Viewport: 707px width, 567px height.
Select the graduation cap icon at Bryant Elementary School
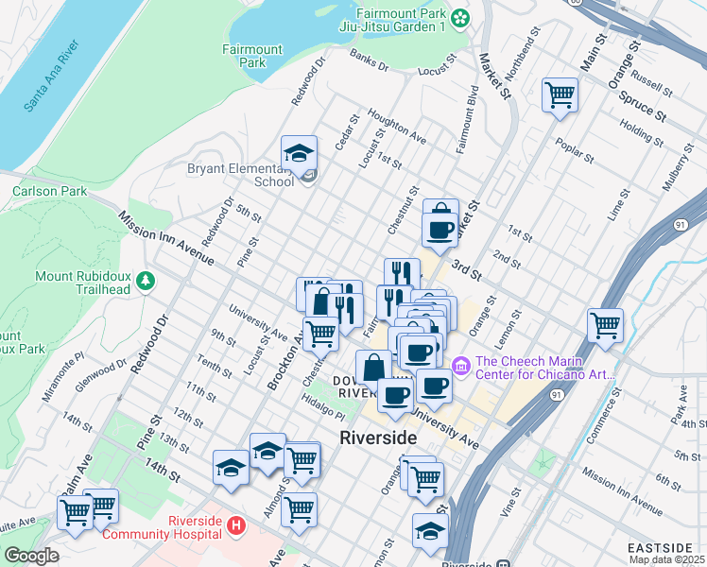click(299, 153)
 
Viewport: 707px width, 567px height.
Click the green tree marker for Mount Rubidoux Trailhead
click(146, 280)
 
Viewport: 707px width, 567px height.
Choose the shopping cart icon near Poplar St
click(560, 94)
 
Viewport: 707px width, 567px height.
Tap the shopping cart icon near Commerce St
click(605, 325)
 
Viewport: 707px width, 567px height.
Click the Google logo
click(31, 556)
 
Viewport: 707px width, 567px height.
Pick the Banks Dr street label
click(369, 60)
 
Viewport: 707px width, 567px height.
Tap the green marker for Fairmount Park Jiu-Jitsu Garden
click(460, 17)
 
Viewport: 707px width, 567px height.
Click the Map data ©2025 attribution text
click(666, 559)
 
